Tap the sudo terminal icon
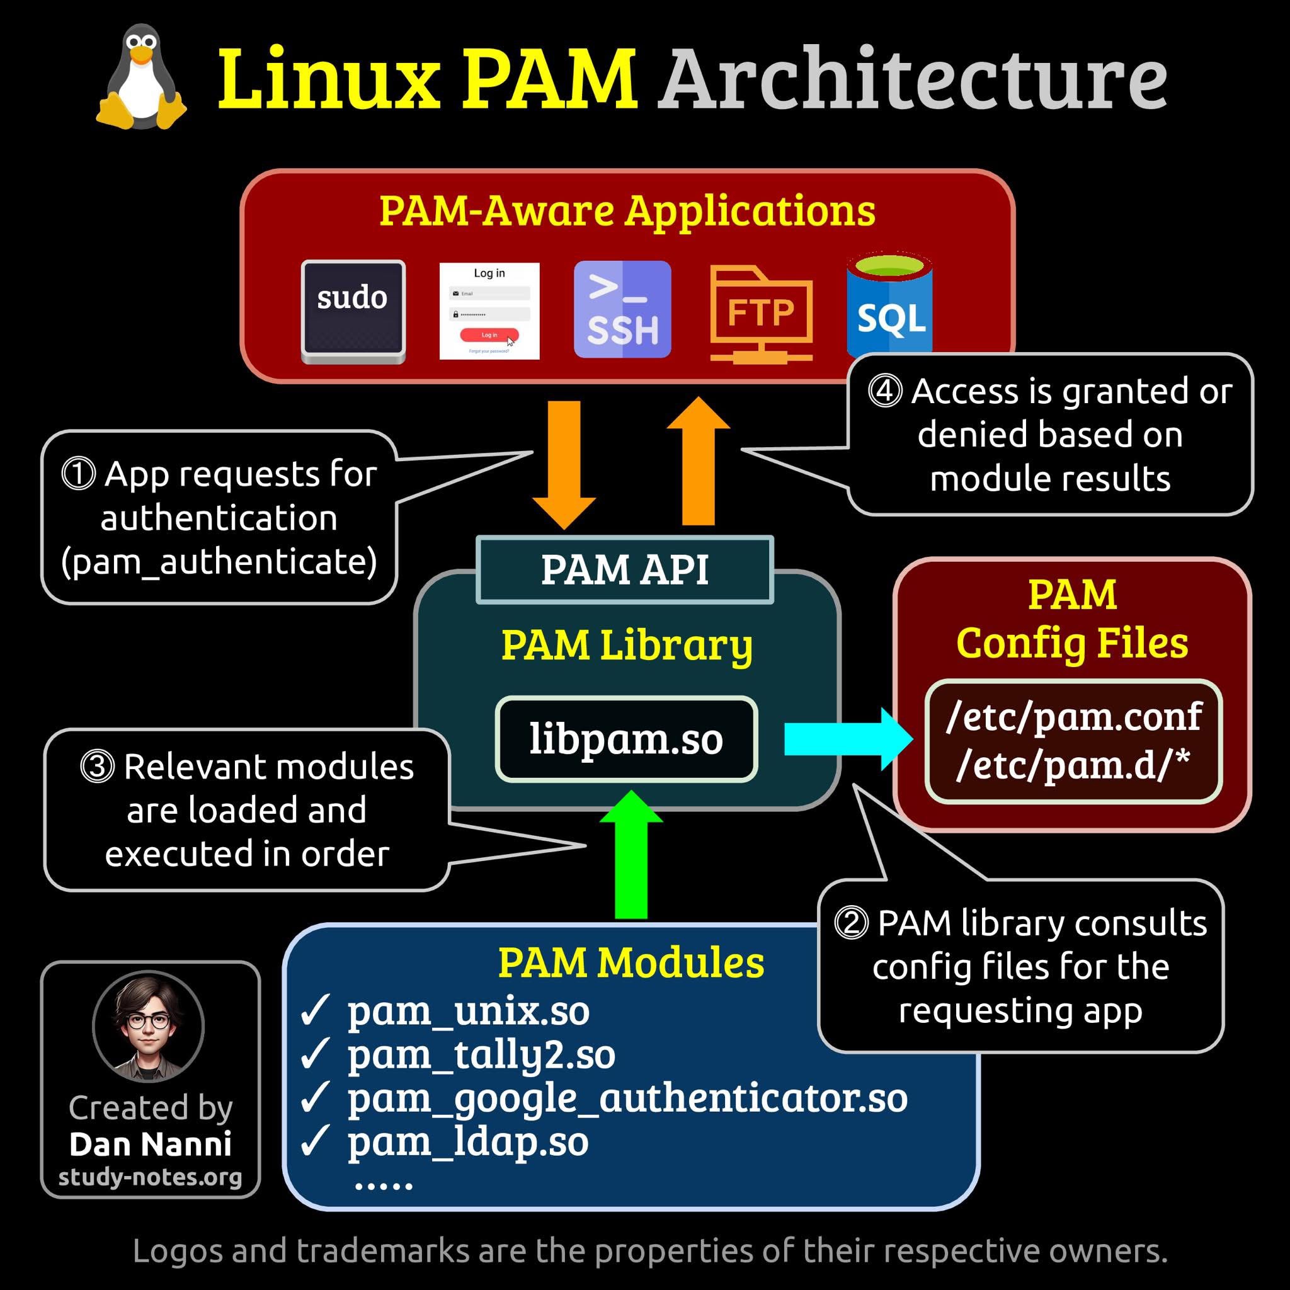coord(353,311)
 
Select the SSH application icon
coord(622,309)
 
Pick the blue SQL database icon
coord(889,307)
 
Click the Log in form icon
coord(489,311)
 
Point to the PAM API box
coord(624,569)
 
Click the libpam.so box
coord(625,738)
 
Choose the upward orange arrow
coord(699,460)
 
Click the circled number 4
coord(885,391)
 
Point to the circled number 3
coord(98,766)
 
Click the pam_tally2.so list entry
coord(481,1055)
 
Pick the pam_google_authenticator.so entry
coord(627,1099)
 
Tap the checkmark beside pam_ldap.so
coord(314,1141)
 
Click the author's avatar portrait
coord(148,1026)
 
